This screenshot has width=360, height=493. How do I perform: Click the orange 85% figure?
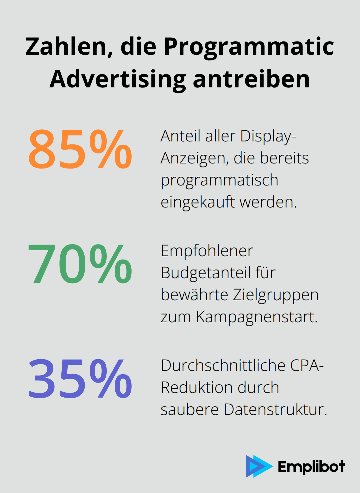click(x=80, y=149)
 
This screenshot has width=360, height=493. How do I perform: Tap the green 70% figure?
click(x=80, y=264)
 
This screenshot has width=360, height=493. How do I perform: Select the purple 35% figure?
click(x=80, y=379)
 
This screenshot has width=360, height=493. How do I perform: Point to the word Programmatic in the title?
click(x=249, y=46)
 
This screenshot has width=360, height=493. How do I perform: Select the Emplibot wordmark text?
click(x=311, y=467)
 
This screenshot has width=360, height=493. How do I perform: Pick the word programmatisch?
click(x=219, y=180)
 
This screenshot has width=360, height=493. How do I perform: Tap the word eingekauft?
click(x=198, y=202)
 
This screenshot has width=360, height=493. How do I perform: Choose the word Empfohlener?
click(x=207, y=251)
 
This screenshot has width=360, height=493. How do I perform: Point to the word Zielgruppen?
click(x=276, y=295)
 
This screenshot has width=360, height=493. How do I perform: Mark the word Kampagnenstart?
click(x=256, y=317)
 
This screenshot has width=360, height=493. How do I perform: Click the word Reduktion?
click(x=196, y=388)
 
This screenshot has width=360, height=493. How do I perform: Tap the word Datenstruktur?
click(x=275, y=410)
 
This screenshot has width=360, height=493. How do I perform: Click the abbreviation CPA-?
click(x=307, y=366)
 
